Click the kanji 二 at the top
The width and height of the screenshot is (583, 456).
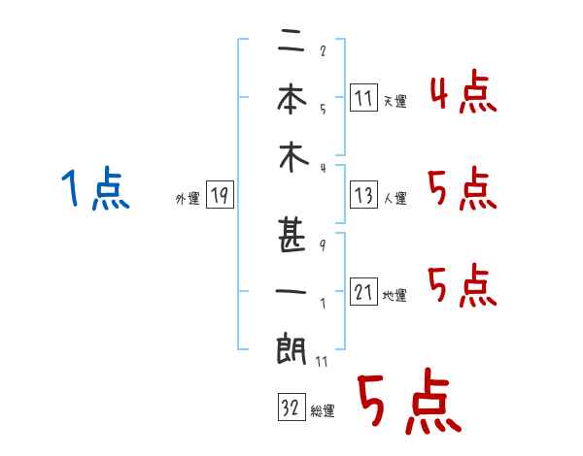(x=292, y=43)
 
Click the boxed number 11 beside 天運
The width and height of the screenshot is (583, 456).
(x=364, y=98)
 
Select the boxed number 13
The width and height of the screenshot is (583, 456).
(x=364, y=196)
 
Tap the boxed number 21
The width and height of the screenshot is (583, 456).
(x=364, y=293)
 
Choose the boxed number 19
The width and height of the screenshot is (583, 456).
(x=220, y=196)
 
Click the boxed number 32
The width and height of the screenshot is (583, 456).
(x=291, y=408)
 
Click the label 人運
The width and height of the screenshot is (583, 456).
(x=394, y=199)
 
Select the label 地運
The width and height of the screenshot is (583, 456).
(x=394, y=296)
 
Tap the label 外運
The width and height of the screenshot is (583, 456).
(x=188, y=199)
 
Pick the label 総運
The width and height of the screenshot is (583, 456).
(x=322, y=411)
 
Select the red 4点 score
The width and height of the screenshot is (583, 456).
(x=463, y=93)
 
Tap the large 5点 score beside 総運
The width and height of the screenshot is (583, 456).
(x=408, y=403)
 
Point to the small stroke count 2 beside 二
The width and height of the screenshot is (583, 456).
(x=323, y=50)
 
